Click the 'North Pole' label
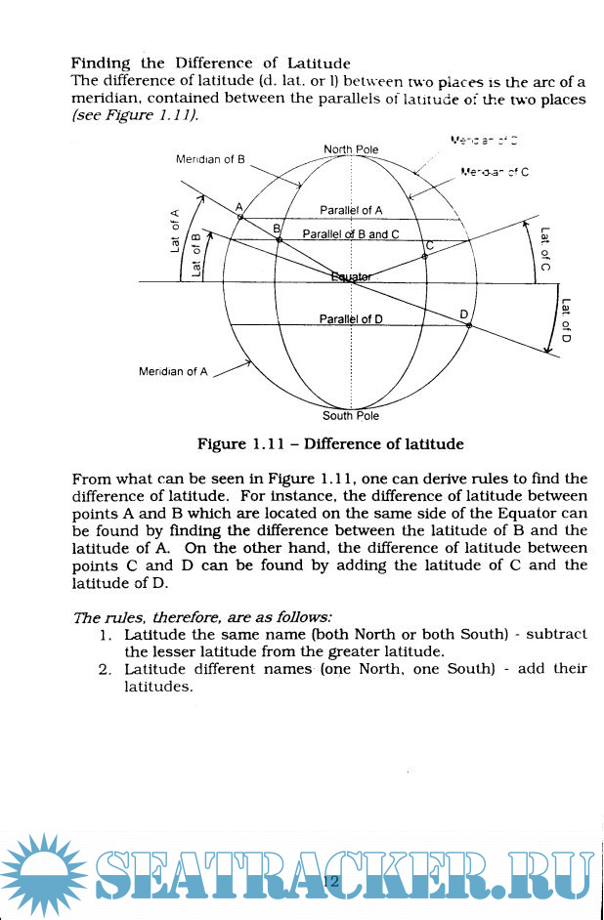coord(351,149)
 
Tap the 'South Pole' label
coord(351,416)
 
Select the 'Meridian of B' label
coord(210,159)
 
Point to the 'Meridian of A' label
coord(173,371)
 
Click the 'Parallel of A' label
coord(351,210)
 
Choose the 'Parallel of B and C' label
coord(351,234)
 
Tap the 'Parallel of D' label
coord(351,319)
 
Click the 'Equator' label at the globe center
coord(351,277)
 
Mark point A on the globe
coord(240,217)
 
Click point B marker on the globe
coord(279,237)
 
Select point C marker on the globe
coord(425,255)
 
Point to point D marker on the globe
coord(468,323)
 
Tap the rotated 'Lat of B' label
coord(196,255)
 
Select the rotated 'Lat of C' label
coord(544,249)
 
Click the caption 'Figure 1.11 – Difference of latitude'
coord(330,444)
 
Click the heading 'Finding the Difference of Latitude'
coord(211,63)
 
